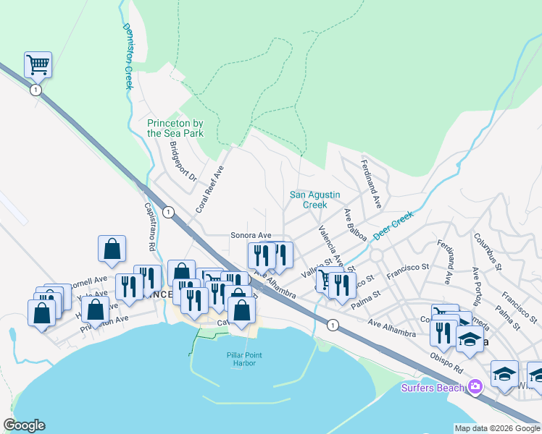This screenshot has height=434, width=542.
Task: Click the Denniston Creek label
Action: [x=128, y=56]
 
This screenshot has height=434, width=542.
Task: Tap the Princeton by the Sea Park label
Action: [x=175, y=128]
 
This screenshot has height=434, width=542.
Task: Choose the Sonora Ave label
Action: [x=250, y=235]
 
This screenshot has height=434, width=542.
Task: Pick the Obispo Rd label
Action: [x=447, y=360]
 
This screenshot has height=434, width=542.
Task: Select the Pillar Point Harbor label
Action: [x=243, y=359]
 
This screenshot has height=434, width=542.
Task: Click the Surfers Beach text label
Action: [x=433, y=388]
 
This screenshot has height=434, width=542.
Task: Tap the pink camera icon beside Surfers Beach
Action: [x=475, y=387]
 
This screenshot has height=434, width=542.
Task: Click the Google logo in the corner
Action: [x=24, y=425]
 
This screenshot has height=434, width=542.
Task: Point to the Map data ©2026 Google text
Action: [x=496, y=428]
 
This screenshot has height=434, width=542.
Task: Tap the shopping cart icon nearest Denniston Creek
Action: [x=38, y=65]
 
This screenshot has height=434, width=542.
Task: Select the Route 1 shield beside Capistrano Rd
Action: [x=169, y=212]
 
